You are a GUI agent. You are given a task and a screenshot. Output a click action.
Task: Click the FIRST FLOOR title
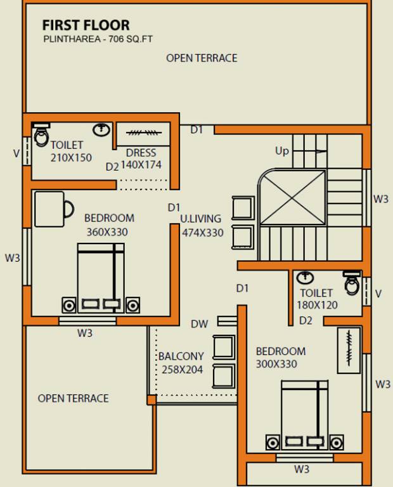[x=86, y=25]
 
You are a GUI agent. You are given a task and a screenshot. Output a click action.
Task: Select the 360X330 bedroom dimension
[x=107, y=232]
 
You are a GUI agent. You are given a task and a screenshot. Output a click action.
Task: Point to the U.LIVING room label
[x=201, y=219]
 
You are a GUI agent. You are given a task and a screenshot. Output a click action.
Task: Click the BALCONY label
[x=181, y=356]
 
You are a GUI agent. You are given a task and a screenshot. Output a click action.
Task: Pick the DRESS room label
[x=141, y=153]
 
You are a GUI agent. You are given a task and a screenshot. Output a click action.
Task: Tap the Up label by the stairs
[x=282, y=152]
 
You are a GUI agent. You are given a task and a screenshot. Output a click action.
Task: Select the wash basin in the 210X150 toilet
[x=101, y=129]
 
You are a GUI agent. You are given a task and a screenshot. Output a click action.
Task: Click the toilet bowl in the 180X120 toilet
[x=352, y=283]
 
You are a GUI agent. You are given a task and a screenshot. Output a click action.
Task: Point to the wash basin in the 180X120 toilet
[x=305, y=277]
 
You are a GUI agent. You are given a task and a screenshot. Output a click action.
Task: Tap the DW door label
[x=199, y=324]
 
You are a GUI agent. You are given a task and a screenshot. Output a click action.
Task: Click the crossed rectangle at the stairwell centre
[x=293, y=197]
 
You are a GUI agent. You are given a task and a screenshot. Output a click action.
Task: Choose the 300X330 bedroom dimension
[x=276, y=364]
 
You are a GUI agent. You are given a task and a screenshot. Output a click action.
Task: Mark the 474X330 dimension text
[x=203, y=233]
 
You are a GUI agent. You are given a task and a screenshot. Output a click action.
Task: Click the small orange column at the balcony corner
[x=151, y=399]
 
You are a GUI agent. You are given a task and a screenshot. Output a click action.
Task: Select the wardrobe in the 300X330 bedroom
[x=349, y=350]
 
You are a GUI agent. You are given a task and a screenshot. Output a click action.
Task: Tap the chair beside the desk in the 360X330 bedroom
[x=68, y=209]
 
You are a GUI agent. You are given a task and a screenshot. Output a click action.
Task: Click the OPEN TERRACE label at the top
[x=202, y=58]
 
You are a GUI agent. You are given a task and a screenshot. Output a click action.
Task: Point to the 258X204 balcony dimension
[x=182, y=370]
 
